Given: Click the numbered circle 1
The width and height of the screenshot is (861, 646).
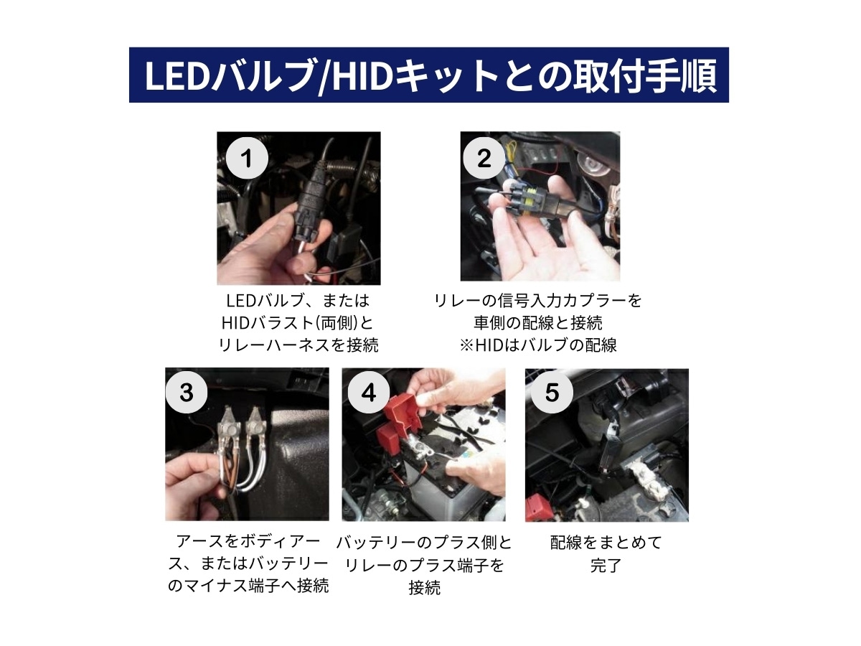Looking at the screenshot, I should (x=247, y=159).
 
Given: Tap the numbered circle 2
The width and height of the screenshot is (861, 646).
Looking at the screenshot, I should (x=484, y=159).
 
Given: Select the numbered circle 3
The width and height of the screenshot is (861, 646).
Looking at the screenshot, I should (x=186, y=393).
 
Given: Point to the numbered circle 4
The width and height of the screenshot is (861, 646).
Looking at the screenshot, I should (x=368, y=393).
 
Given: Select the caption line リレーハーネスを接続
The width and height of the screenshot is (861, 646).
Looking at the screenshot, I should (x=298, y=345).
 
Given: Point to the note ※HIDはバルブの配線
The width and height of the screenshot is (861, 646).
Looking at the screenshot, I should (x=538, y=345).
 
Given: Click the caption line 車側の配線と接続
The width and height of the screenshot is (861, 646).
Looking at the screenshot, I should (x=538, y=322).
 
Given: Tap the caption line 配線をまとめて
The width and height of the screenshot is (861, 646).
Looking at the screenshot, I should (x=606, y=542).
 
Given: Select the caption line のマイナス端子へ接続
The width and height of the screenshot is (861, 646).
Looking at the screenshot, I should (x=248, y=586).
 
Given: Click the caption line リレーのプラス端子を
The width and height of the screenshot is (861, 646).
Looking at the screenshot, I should (x=424, y=565).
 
